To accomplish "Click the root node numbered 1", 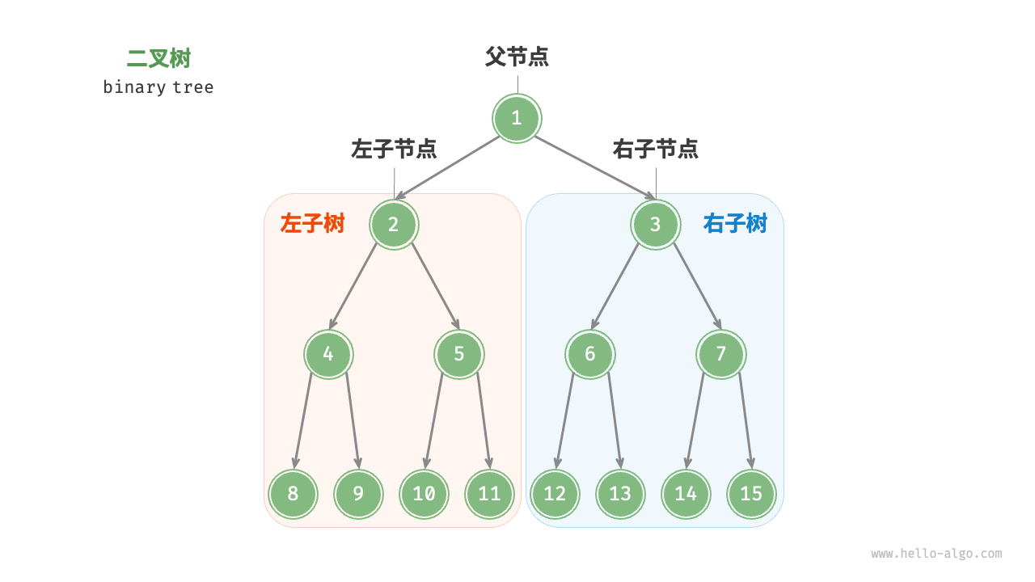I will click(x=517, y=118).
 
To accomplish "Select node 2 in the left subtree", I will click(x=394, y=224).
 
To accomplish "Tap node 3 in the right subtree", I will click(x=655, y=224).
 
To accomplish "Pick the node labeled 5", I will click(x=458, y=354).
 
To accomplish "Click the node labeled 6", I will click(x=589, y=354).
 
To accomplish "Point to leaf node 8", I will click(x=293, y=493).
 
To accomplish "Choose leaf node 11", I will click(x=489, y=493).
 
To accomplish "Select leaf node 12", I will click(x=555, y=493).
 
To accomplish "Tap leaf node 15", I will click(x=751, y=493).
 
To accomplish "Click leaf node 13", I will click(x=620, y=493).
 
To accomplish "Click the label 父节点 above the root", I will click(x=517, y=57).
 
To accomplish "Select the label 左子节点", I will click(x=394, y=149).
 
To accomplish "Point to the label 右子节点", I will click(x=655, y=149).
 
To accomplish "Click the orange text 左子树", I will click(x=312, y=224).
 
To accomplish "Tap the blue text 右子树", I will click(x=735, y=224).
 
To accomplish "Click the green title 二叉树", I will click(x=158, y=59).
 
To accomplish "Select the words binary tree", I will click(x=158, y=87).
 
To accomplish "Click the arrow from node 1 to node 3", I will click(x=594, y=167).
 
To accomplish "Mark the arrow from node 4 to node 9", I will click(x=353, y=420).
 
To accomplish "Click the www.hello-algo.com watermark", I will click(x=936, y=554).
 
